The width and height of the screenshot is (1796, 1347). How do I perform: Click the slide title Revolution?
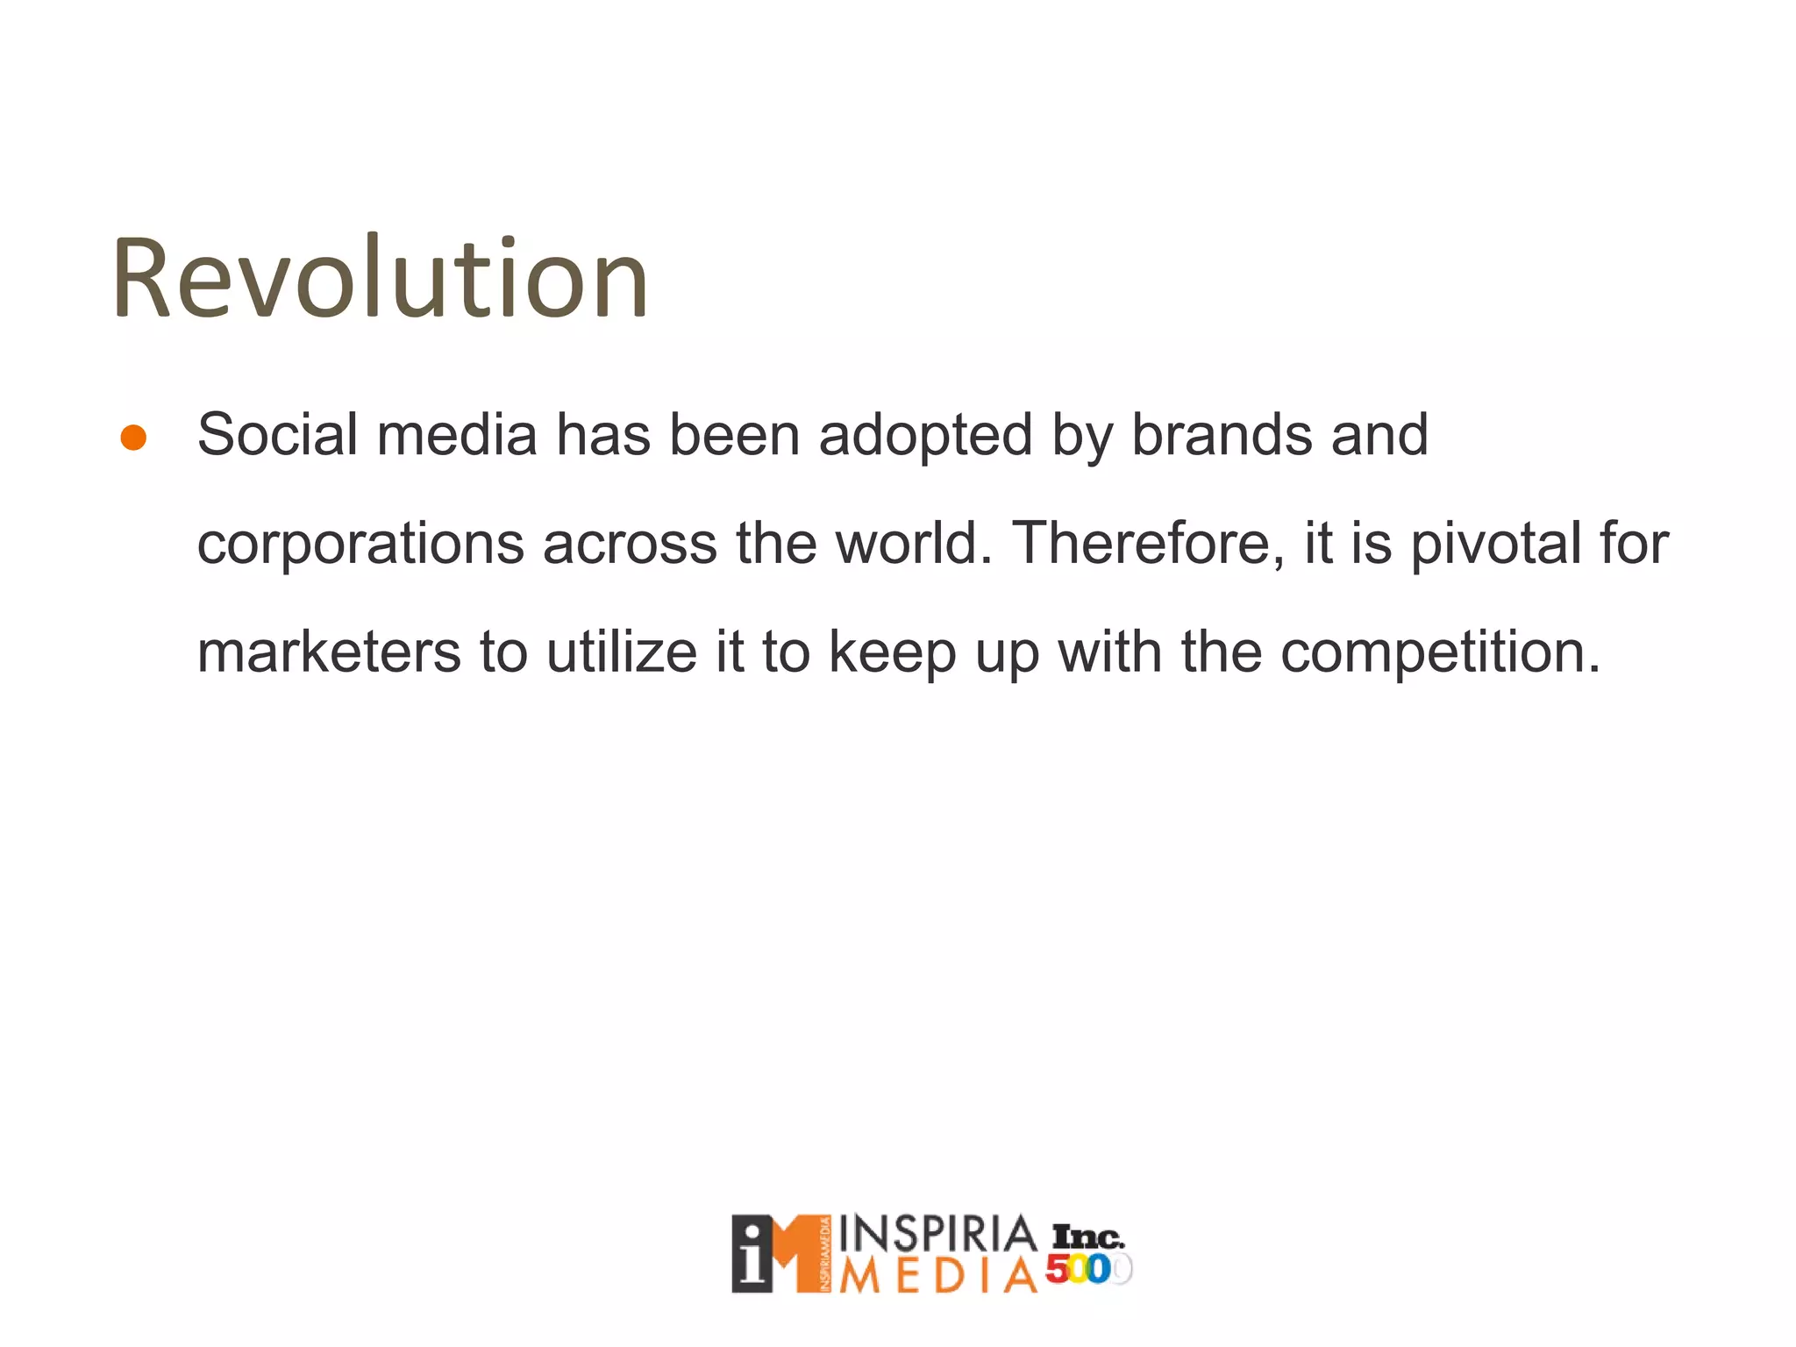coord(379,279)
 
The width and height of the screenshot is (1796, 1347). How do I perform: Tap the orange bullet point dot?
coord(133,438)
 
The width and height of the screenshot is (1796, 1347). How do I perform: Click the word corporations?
coord(360,544)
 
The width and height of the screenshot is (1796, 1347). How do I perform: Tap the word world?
coord(912,543)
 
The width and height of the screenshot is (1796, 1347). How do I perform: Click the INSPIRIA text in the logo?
coord(937,1235)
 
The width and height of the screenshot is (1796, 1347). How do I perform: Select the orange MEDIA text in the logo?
coord(937,1276)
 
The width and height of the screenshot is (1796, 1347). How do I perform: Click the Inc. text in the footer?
coord(1087,1237)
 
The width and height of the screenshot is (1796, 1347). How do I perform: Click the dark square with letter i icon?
coord(752,1254)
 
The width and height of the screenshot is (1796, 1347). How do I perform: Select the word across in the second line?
coord(630,544)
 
